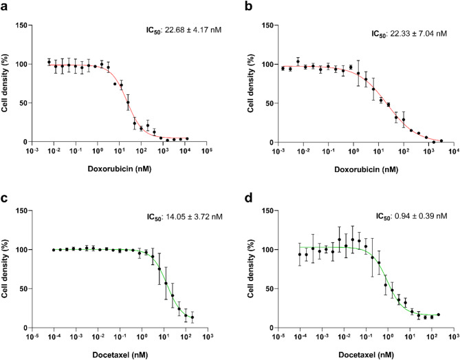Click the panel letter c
pos(6,197)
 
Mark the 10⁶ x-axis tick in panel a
pos(208,150)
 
